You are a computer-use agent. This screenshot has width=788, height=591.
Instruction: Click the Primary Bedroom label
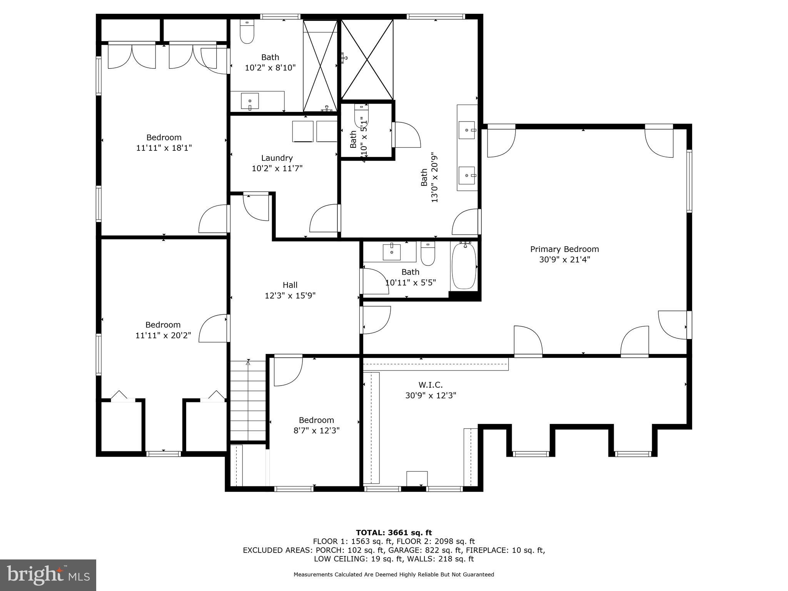click(x=564, y=249)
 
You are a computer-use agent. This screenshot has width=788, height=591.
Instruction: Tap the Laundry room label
click(x=277, y=158)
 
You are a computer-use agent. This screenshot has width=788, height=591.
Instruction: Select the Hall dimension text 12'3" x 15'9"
click(x=290, y=295)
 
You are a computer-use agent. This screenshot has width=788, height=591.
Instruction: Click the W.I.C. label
click(x=431, y=385)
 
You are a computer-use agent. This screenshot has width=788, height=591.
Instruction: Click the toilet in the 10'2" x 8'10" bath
click(x=247, y=33)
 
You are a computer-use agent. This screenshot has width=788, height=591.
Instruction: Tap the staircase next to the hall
click(x=248, y=400)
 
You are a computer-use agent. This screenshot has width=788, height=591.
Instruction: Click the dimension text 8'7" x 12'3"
click(x=316, y=431)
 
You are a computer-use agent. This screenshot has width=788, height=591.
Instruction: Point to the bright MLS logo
click(x=48, y=575)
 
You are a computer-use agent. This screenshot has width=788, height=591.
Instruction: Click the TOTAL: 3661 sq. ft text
click(x=394, y=533)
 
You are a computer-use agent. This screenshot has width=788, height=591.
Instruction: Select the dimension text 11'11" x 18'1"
click(x=164, y=148)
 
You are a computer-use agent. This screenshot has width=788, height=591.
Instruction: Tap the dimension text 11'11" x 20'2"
click(x=163, y=336)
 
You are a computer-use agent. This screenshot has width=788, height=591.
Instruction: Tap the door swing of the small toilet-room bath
click(x=406, y=135)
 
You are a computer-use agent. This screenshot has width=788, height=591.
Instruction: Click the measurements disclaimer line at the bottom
click(x=394, y=574)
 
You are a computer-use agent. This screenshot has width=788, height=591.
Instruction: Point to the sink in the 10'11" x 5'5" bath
click(x=392, y=252)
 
